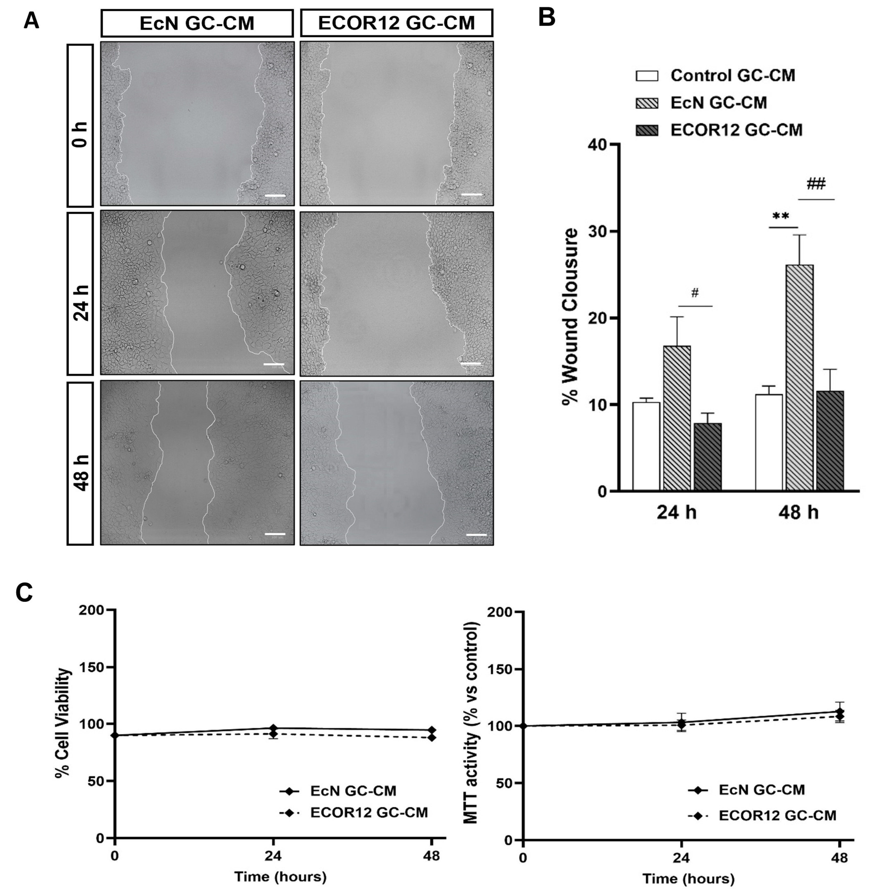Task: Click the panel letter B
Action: coord(547,18)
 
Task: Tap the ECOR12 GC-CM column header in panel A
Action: coord(397,23)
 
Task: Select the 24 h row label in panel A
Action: coord(80,293)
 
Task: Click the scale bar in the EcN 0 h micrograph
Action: coord(275,196)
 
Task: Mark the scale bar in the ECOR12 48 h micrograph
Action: coord(476,535)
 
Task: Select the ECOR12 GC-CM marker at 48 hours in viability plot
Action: coord(431,737)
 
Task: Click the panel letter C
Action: coord(24,593)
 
